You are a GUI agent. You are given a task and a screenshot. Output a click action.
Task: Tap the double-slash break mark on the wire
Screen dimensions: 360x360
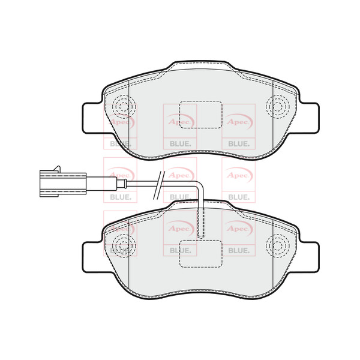click(158, 182)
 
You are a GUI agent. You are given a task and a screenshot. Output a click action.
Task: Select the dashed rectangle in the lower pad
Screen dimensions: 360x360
click(201, 252)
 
